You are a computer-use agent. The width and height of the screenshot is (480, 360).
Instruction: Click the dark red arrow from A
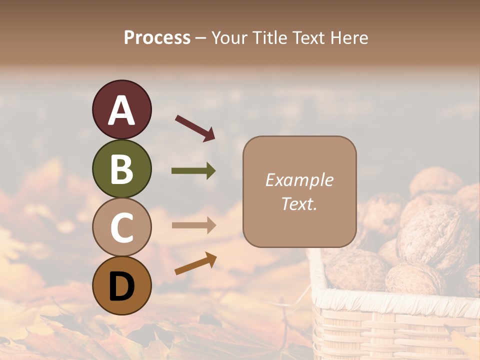point(195,128)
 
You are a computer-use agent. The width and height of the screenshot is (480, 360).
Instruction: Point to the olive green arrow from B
point(193,171)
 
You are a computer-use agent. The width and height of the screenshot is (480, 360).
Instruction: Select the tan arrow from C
point(193,225)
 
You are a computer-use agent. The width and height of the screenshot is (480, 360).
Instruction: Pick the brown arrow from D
point(195,263)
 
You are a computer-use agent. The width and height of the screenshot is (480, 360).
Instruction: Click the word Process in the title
point(157,38)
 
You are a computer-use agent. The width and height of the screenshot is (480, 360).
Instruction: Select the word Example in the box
point(299,180)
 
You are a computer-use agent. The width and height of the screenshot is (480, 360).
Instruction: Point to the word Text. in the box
point(299,203)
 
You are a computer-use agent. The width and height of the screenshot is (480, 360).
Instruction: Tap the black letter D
point(121,286)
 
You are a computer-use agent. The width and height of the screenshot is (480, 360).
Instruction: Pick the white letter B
point(121,168)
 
